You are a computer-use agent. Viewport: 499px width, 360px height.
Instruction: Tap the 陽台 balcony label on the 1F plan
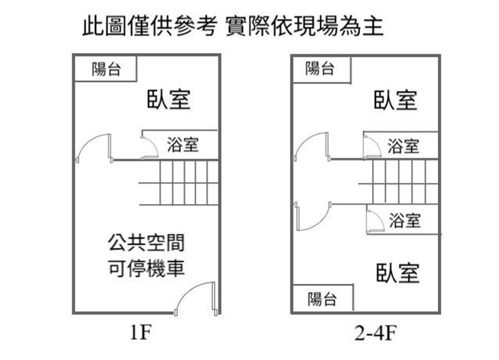(105, 69)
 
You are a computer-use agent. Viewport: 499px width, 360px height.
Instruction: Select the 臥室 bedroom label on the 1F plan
(168, 100)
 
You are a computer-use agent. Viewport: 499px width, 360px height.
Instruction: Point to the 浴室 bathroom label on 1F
(183, 145)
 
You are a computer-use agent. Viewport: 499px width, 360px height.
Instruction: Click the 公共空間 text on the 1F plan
(145, 242)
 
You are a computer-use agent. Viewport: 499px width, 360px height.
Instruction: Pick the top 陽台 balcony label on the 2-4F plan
(321, 68)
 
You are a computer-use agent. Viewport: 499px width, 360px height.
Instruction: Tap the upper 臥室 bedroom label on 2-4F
(395, 100)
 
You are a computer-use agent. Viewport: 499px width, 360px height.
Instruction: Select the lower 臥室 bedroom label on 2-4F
(397, 273)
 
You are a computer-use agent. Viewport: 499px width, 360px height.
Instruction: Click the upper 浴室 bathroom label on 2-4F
(404, 147)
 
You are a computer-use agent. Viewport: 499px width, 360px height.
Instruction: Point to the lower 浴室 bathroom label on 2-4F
(405, 220)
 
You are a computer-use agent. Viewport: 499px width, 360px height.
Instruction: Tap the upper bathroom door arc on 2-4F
(372, 147)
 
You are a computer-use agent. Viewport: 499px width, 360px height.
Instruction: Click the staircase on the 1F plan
(178, 182)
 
